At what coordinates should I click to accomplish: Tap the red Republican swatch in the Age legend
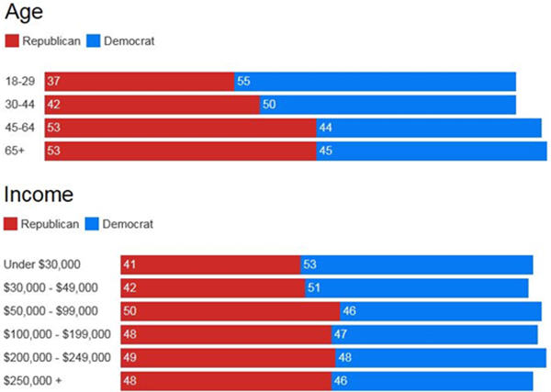12,41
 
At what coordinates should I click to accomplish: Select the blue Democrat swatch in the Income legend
92,224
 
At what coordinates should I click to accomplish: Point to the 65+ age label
16,151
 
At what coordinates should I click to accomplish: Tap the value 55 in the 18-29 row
243,82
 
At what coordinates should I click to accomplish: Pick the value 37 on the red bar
54,82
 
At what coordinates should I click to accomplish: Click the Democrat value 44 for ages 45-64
325,128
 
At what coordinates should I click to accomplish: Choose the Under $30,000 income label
48,265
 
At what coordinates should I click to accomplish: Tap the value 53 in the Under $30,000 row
309,265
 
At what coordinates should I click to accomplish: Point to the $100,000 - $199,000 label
57,334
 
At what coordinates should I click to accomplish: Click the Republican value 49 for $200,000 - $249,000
129,357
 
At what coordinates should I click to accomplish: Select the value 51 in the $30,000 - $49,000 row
314,288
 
